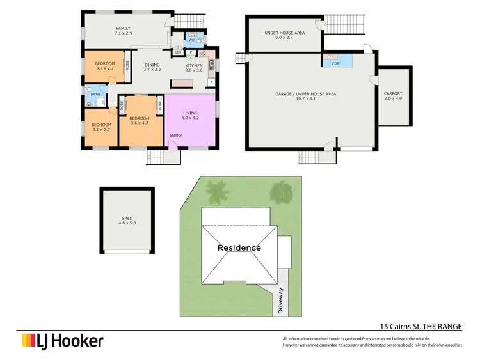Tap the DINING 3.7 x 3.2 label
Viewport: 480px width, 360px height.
click(152, 68)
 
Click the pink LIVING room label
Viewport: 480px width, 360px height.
click(191, 115)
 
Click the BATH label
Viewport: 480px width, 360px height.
click(95, 95)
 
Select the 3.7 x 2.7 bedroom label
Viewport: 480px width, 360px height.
click(104, 66)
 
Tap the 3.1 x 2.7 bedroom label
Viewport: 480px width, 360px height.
click(100, 127)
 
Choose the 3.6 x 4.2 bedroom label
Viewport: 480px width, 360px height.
click(139, 121)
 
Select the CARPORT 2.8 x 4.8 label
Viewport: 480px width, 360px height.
click(392, 97)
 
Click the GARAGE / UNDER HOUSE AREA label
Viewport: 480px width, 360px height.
click(305, 97)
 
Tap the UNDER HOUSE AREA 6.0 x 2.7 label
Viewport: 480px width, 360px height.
click(284, 35)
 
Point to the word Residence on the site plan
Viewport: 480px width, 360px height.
click(239, 247)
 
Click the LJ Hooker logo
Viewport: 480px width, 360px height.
click(62, 341)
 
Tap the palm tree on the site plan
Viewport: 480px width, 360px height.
click(218, 191)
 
